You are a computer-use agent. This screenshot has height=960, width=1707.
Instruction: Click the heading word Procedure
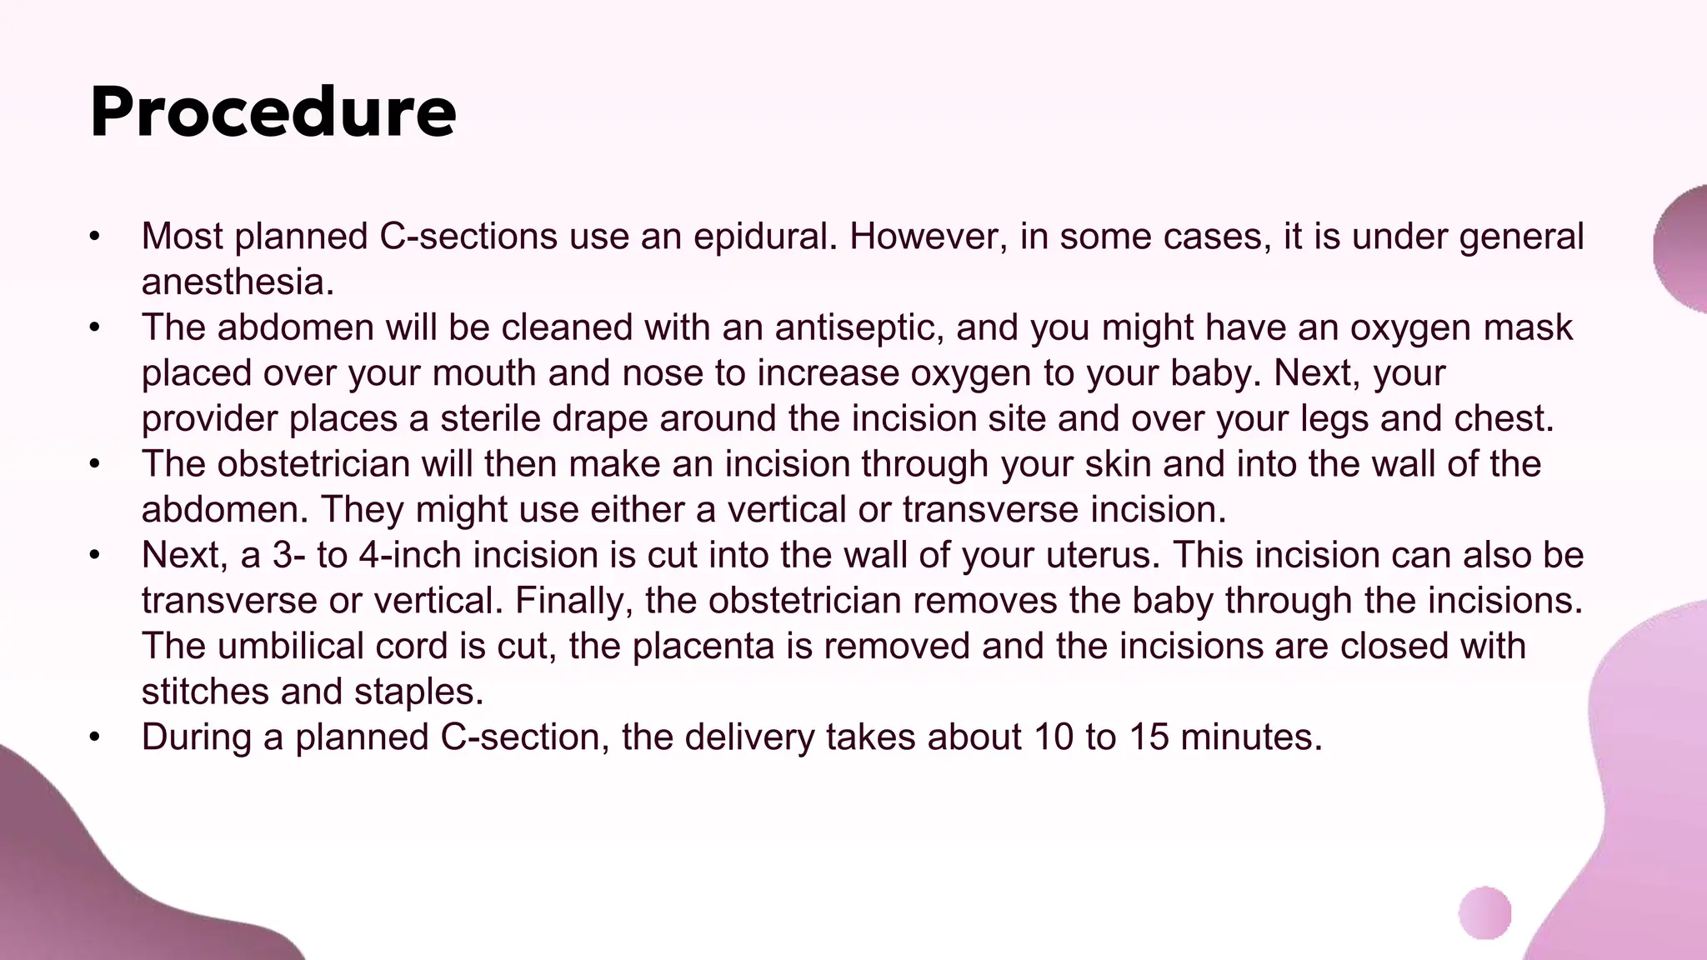pyautogui.click(x=273, y=112)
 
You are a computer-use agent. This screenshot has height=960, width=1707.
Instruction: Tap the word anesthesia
pyautogui.click(x=238, y=282)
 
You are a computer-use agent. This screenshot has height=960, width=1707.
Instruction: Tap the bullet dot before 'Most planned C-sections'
pyautogui.click(x=95, y=237)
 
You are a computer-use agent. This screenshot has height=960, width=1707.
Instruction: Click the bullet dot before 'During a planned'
pyautogui.click(x=95, y=737)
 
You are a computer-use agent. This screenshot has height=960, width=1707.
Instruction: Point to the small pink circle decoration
pyautogui.click(x=1484, y=913)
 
